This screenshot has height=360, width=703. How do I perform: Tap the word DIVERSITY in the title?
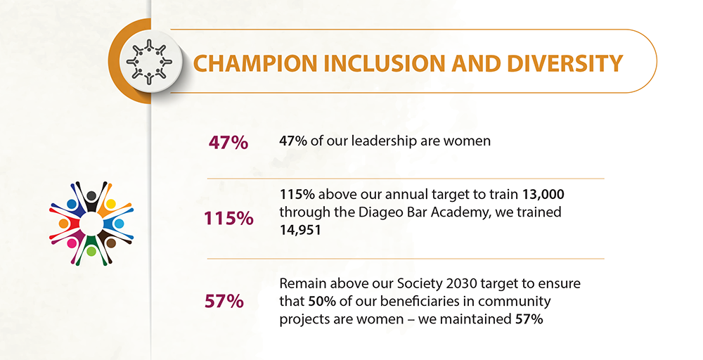click(565, 63)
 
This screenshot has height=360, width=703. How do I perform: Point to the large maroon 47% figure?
click(228, 143)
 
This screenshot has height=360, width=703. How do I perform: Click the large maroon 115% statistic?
click(228, 219)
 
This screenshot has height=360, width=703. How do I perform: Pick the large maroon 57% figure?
click(224, 301)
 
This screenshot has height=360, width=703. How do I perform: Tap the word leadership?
click(384, 141)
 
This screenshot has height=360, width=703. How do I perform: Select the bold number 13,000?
click(543, 195)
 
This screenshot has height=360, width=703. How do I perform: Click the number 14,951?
click(300, 230)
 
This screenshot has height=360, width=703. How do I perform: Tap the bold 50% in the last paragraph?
click(322, 301)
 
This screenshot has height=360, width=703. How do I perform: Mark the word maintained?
click(476, 319)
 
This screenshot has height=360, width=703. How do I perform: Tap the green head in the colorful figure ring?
click(91, 252)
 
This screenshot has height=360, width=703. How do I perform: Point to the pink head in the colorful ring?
click(72, 243)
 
